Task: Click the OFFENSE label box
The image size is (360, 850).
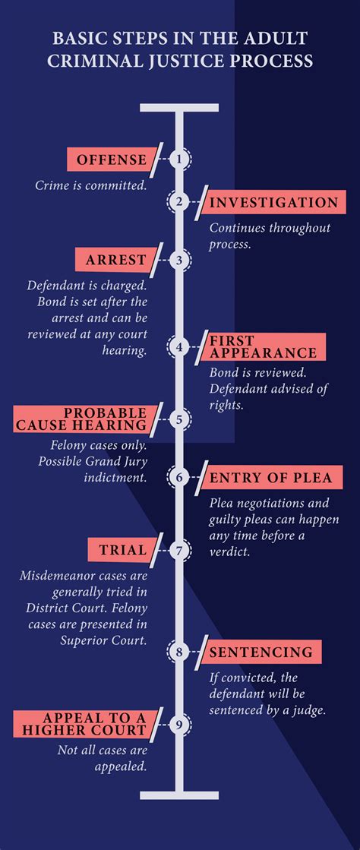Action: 111,160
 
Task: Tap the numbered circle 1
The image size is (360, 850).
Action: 179,160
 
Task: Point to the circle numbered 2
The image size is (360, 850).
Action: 179,202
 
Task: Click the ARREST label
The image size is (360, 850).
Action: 115,261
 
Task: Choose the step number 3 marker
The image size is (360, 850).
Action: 179,261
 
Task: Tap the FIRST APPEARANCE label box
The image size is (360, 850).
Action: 267,347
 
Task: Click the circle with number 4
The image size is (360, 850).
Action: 179,346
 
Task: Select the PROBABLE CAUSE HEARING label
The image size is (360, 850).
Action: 81,419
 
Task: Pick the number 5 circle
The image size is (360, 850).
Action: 179,419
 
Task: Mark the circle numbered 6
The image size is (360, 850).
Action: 179,477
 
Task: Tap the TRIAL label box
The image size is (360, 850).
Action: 122,550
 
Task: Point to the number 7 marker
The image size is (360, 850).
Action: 179,550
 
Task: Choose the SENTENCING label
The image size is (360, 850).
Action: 263,653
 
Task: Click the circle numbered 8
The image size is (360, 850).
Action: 179,652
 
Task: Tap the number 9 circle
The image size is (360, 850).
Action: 179,724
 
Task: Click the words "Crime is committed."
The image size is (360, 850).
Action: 92,185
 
